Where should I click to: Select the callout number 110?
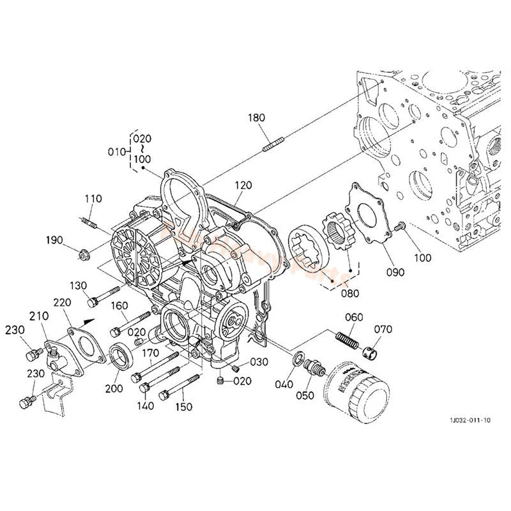point(93,199)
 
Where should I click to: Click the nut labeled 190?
point(82,257)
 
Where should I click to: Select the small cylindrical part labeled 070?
point(370,349)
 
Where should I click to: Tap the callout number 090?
point(395,272)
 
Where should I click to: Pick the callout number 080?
point(350,294)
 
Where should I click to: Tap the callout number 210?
point(38,317)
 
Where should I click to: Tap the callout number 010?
point(116,151)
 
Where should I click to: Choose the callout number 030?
point(259,362)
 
